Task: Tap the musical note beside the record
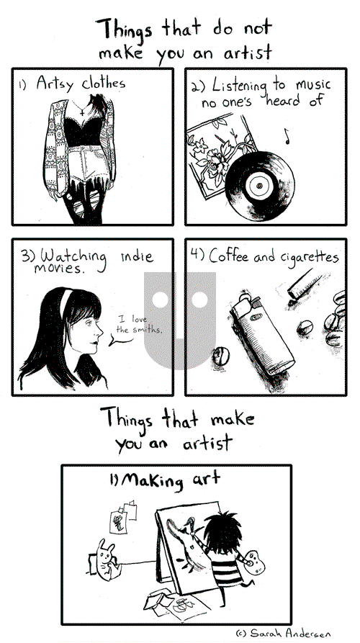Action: coord(286,135)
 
